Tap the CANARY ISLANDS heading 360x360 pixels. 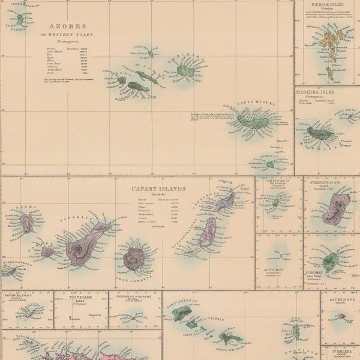pyautogui.click(x=158, y=188)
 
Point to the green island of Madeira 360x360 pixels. pyautogui.click(x=318, y=133)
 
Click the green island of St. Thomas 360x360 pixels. pyautogui.click(x=330, y=262)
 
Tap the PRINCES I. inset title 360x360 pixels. pyautogui.click(x=278, y=180)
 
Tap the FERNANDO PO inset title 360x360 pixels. pyautogui.click(x=331, y=180)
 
